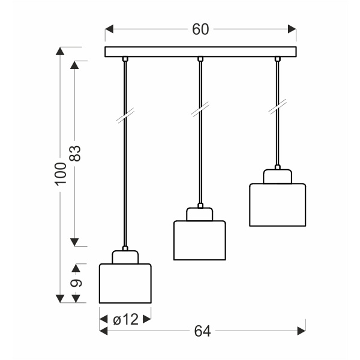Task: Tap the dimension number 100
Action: pos(59,174)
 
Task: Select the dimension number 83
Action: pos(75,154)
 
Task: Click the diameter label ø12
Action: pos(125,320)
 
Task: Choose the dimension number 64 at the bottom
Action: pos(202,331)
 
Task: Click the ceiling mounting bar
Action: pos(201,52)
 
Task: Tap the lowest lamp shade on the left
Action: pos(125,283)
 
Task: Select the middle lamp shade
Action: pos(199,241)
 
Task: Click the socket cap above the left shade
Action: pos(125,257)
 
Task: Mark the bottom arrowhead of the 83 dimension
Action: pos(75,242)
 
